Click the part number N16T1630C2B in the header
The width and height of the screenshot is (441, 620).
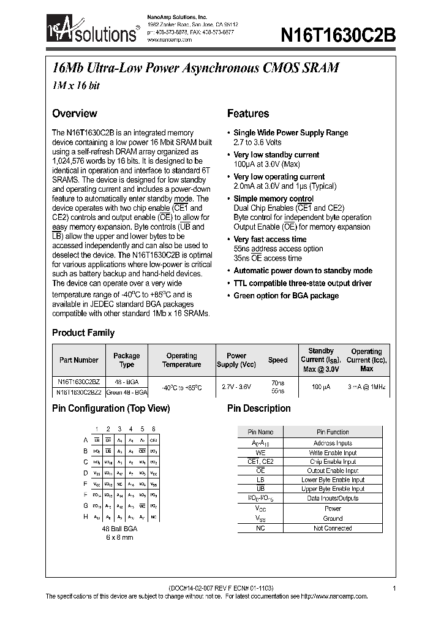pyautogui.click(x=338, y=36)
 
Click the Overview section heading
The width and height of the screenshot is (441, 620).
pyautogui.click(x=74, y=113)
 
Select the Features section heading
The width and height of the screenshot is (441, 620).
pyautogui.click(x=248, y=113)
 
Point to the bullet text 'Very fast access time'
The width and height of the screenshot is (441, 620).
pyautogui.click(x=270, y=240)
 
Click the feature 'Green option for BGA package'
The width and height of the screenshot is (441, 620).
pyautogui.click(x=286, y=296)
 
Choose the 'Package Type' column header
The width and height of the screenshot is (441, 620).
pyautogui.click(x=127, y=360)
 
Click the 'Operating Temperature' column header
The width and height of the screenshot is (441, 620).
pyautogui.click(x=182, y=360)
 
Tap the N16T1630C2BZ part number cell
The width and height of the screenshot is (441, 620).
pyautogui.click(x=78, y=382)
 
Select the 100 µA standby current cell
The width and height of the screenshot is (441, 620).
pyautogui.click(x=321, y=387)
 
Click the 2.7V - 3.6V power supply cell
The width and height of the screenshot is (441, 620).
pyautogui.click(x=236, y=387)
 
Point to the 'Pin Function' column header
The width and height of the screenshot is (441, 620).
pyautogui.click(x=333, y=433)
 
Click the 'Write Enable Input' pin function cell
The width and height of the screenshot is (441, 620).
pyautogui.click(x=333, y=453)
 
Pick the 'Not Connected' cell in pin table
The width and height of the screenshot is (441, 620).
pyautogui.click(x=333, y=528)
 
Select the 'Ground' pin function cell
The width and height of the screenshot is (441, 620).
pyautogui.click(x=333, y=518)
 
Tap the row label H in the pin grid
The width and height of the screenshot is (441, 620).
pyautogui.click(x=85, y=516)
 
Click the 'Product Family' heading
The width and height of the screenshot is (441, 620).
pyautogui.click(x=83, y=333)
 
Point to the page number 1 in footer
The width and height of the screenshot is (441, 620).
pyautogui.click(x=394, y=588)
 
